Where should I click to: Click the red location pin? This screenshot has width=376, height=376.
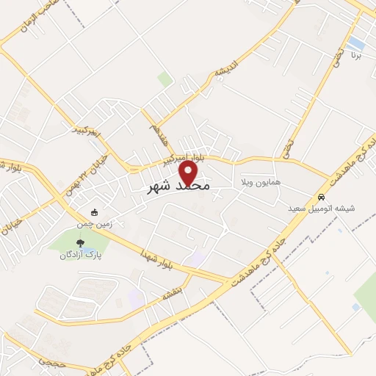[x=189, y=173]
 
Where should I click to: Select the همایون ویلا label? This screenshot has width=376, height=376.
[x=256, y=181]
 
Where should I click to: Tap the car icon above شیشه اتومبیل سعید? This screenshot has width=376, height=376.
[x=322, y=198]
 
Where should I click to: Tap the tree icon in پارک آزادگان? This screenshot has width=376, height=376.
[x=80, y=243]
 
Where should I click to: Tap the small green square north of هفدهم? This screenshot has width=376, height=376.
[x=165, y=79]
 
